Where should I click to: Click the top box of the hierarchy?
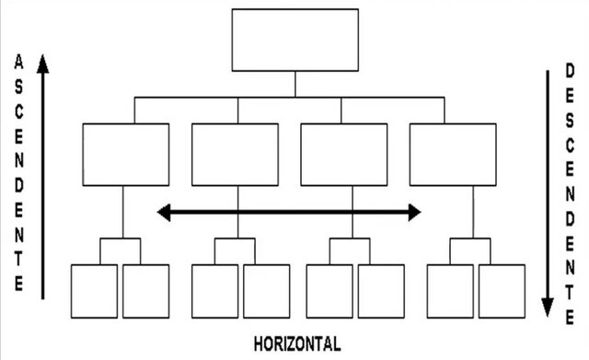(294, 40)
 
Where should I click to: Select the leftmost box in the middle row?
(126, 154)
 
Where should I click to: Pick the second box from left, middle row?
(235, 154)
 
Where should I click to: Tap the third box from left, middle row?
(343, 154)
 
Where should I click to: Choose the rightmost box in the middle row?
(452, 154)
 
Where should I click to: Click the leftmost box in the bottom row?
(94, 291)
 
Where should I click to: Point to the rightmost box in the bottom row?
(502, 291)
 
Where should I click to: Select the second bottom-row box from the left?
(146, 291)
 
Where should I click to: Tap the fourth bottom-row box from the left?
(266, 291)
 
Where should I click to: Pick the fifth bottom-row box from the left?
(329, 291)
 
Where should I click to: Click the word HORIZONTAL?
(296, 345)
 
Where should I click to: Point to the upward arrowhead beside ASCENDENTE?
(42, 64)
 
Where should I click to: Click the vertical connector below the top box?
(294, 84)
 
